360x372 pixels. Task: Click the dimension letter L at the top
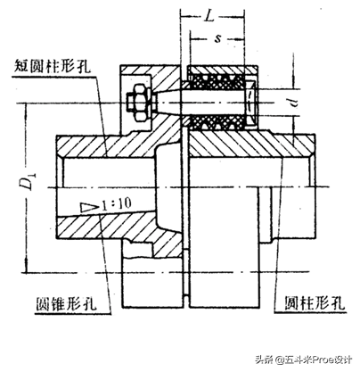(x=209, y=16)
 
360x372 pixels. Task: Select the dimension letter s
(x=218, y=38)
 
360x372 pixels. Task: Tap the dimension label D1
(x=29, y=181)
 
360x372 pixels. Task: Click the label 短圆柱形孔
(x=53, y=67)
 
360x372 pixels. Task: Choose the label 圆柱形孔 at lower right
(x=315, y=303)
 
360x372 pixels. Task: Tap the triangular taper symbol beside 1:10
(x=90, y=207)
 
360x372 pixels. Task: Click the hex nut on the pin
(x=140, y=103)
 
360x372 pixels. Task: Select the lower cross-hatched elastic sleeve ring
(x=217, y=122)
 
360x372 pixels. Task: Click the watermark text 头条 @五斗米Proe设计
(x=304, y=360)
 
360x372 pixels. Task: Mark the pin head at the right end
(x=251, y=103)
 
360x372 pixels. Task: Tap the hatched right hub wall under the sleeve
(x=251, y=145)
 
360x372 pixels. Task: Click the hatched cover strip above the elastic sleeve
(x=222, y=70)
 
